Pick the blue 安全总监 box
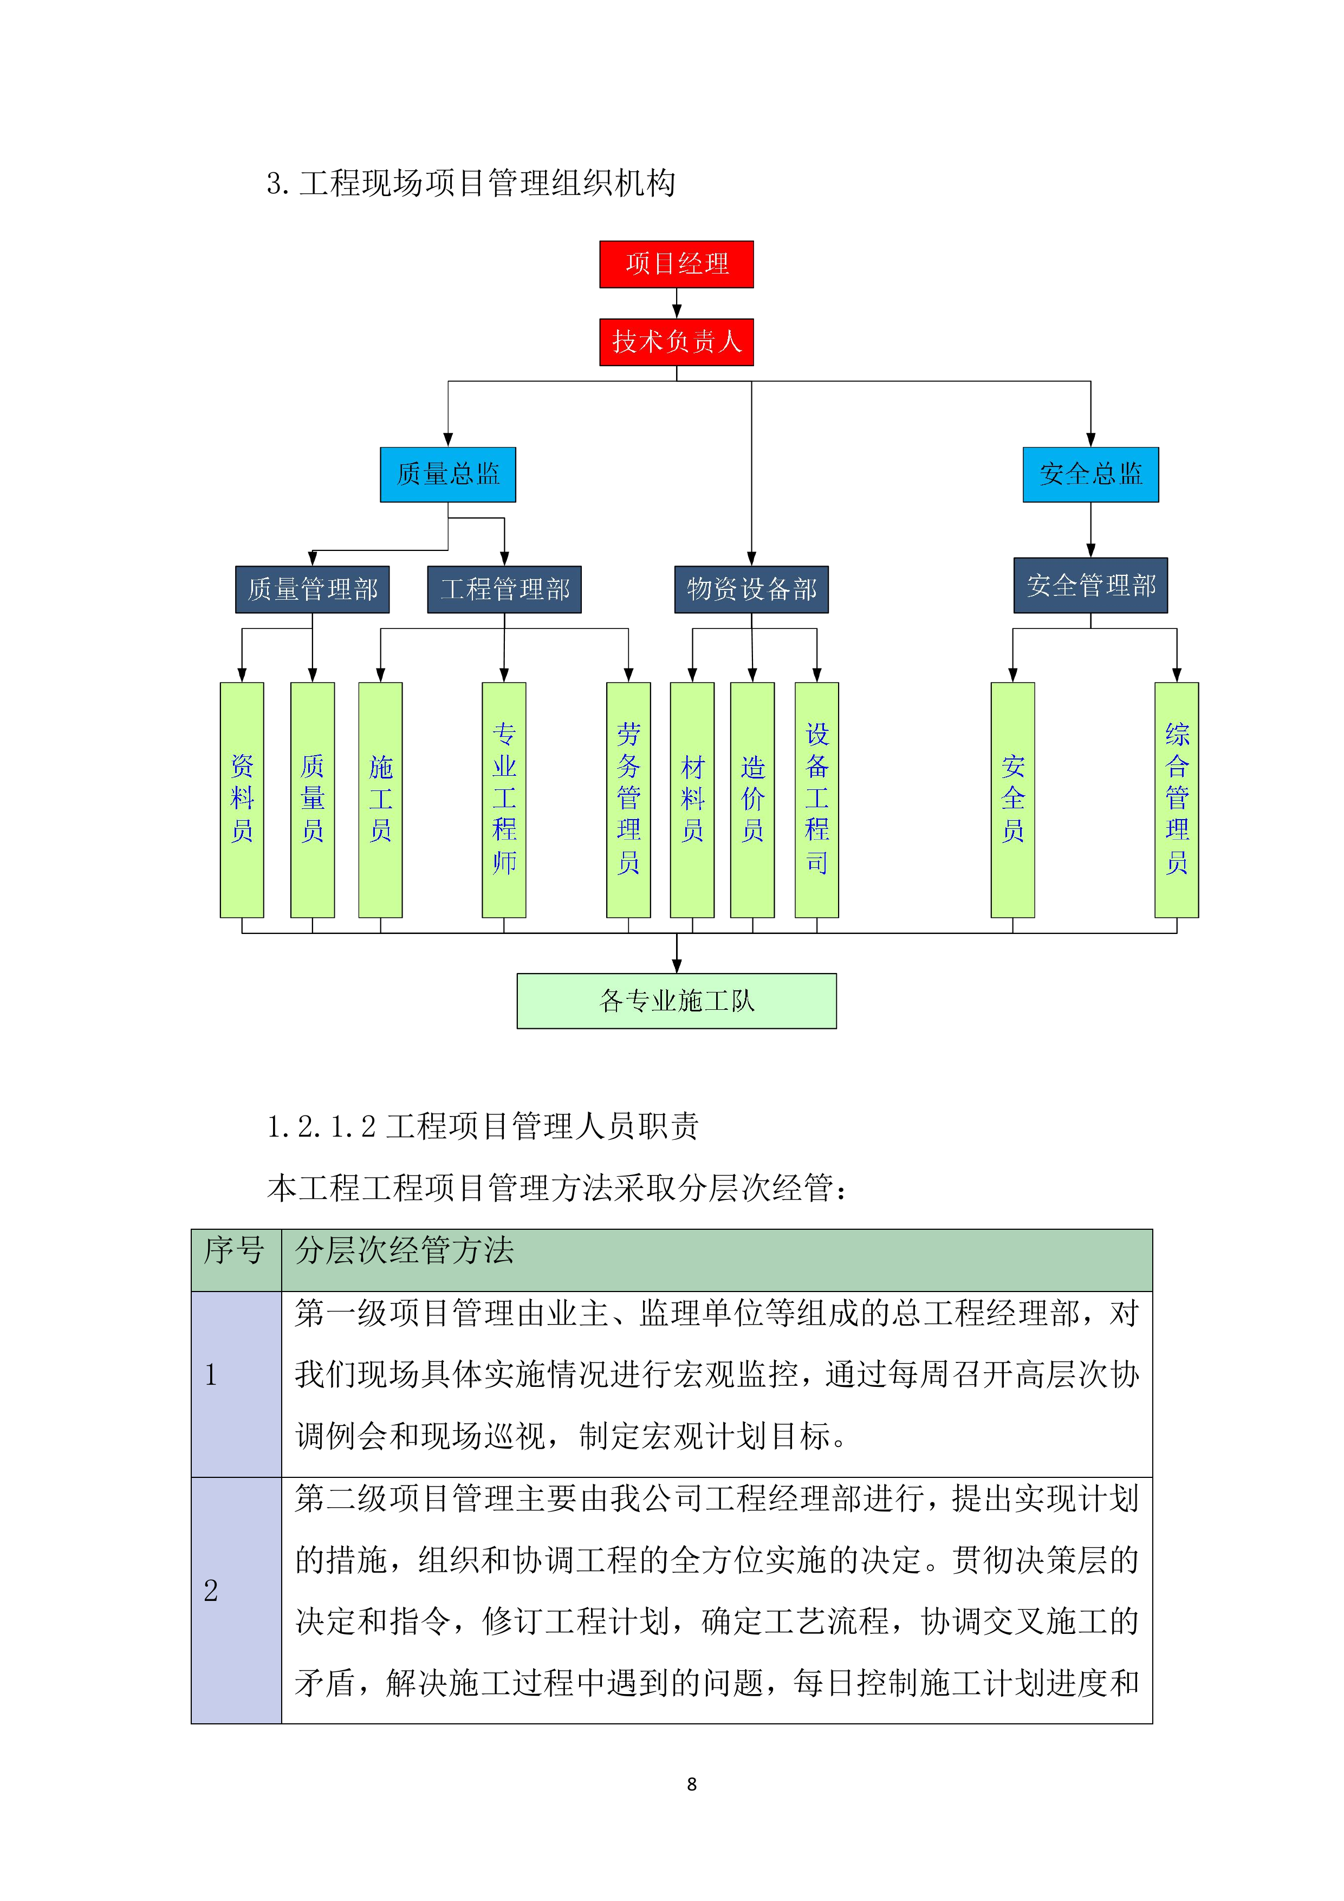(x=1090, y=475)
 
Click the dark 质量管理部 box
(x=312, y=589)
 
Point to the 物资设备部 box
(x=751, y=589)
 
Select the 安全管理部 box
(x=1090, y=586)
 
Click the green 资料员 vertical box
(x=242, y=799)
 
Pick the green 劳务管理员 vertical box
(x=628, y=799)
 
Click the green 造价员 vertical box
(x=752, y=799)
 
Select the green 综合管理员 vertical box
(x=1176, y=799)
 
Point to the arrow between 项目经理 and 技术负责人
(x=677, y=304)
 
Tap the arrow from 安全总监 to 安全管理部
(x=1090, y=530)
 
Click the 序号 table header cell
(x=235, y=1260)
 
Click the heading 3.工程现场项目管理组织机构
(x=470, y=184)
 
